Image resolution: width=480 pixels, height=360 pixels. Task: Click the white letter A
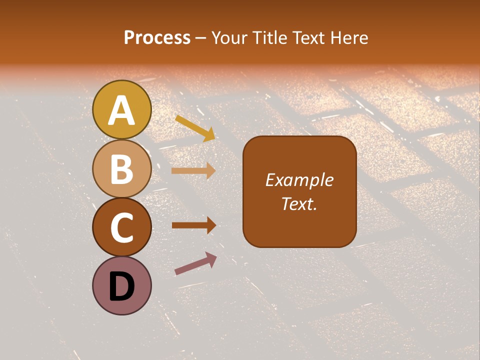(x=122, y=111)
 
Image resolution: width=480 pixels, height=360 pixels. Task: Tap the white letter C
(x=122, y=228)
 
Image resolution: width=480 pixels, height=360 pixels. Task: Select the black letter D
(x=122, y=286)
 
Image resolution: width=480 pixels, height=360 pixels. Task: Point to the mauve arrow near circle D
(x=195, y=263)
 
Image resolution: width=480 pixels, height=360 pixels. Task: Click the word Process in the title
(x=157, y=37)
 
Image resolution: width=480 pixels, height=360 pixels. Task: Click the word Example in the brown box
(x=299, y=180)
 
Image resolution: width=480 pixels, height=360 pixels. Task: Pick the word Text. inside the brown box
(x=299, y=203)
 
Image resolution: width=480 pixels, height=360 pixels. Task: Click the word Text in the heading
(x=309, y=37)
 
